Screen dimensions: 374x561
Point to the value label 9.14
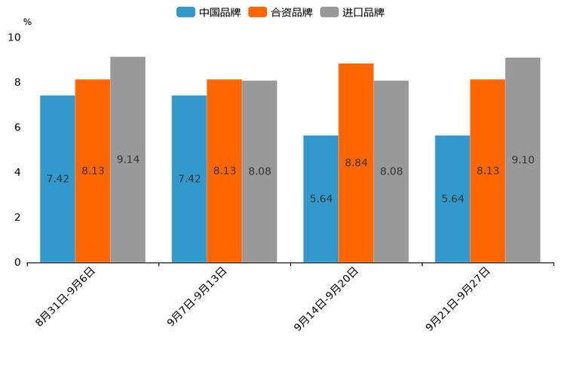(x=128, y=159)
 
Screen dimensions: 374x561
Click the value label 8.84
(x=356, y=163)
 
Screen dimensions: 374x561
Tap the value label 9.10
(x=523, y=160)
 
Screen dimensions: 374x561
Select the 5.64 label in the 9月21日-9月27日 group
(x=452, y=199)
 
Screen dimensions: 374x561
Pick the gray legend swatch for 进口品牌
(x=330, y=12)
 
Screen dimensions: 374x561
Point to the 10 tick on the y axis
(x=14, y=37)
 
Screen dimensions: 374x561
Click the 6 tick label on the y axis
(x=17, y=127)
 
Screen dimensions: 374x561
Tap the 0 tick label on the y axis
(x=17, y=262)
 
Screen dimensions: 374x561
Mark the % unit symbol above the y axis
(x=27, y=22)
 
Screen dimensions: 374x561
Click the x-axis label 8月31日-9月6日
(x=66, y=296)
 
